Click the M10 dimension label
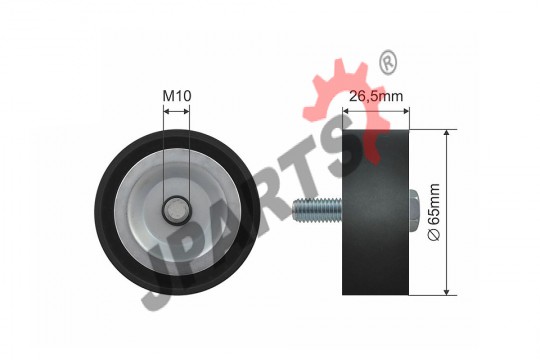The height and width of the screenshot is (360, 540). click(x=177, y=96)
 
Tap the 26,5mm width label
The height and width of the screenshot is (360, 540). click(x=376, y=96)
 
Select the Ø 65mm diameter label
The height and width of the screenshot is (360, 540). click(x=434, y=212)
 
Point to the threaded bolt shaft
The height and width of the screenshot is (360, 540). click(x=317, y=210)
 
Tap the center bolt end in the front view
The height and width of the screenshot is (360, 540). click(x=176, y=211)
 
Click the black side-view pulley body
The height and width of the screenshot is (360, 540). click(x=375, y=212)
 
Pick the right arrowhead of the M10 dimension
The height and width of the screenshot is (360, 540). click(x=186, y=111)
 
